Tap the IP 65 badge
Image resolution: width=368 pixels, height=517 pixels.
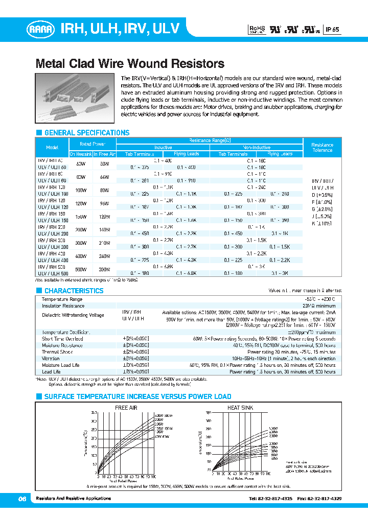[x=332, y=30]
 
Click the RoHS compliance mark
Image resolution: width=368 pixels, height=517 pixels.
[x=256, y=30]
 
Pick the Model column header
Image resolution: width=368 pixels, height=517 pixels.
[x=52, y=147]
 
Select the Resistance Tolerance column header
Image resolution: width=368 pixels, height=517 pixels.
[x=322, y=147]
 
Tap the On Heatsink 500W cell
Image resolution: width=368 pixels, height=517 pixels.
[x=81, y=269]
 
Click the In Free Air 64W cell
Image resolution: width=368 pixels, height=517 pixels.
[x=104, y=177]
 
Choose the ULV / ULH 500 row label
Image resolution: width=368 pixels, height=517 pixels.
[x=52, y=273]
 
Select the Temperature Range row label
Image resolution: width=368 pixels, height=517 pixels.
[x=62, y=299]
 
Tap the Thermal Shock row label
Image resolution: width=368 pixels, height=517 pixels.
[x=57, y=352]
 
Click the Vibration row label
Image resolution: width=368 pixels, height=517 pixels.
[x=51, y=359]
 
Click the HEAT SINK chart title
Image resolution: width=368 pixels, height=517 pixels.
[x=239, y=407]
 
